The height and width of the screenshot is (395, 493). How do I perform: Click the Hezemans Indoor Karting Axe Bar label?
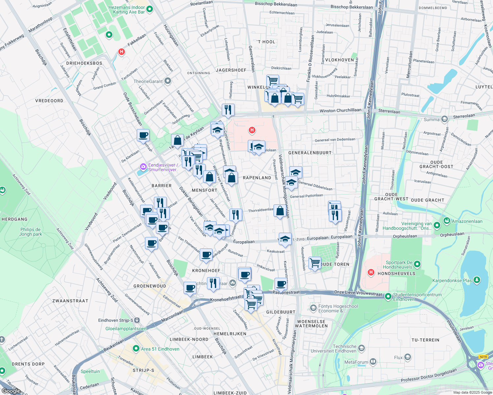point(127,10)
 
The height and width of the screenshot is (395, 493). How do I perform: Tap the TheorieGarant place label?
point(148,81)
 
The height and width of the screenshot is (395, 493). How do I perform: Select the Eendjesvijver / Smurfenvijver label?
point(163,167)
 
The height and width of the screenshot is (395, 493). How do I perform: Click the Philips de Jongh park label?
point(31,232)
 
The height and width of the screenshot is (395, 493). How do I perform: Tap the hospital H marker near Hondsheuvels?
point(371,272)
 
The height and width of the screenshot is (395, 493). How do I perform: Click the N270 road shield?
point(483,357)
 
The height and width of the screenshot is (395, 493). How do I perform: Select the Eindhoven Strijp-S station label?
point(116,320)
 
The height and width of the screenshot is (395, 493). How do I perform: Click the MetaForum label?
point(356,362)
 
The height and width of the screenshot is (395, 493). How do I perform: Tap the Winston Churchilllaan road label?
point(340,111)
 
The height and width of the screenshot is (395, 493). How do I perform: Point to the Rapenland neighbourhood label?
point(257,178)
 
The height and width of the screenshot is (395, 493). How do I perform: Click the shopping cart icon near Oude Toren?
point(315,263)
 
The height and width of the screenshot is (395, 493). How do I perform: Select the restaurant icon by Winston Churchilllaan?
point(228,110)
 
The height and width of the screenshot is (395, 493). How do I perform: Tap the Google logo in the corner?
point(11,391)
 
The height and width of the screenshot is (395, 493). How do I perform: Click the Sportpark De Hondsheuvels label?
point(399,265)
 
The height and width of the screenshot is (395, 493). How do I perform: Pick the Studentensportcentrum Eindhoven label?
point(417,297)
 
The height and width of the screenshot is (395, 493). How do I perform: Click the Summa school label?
point(432,119)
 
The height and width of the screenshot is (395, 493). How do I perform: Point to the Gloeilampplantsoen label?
point(126,329)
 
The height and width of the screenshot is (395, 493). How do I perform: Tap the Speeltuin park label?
point(90,371)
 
